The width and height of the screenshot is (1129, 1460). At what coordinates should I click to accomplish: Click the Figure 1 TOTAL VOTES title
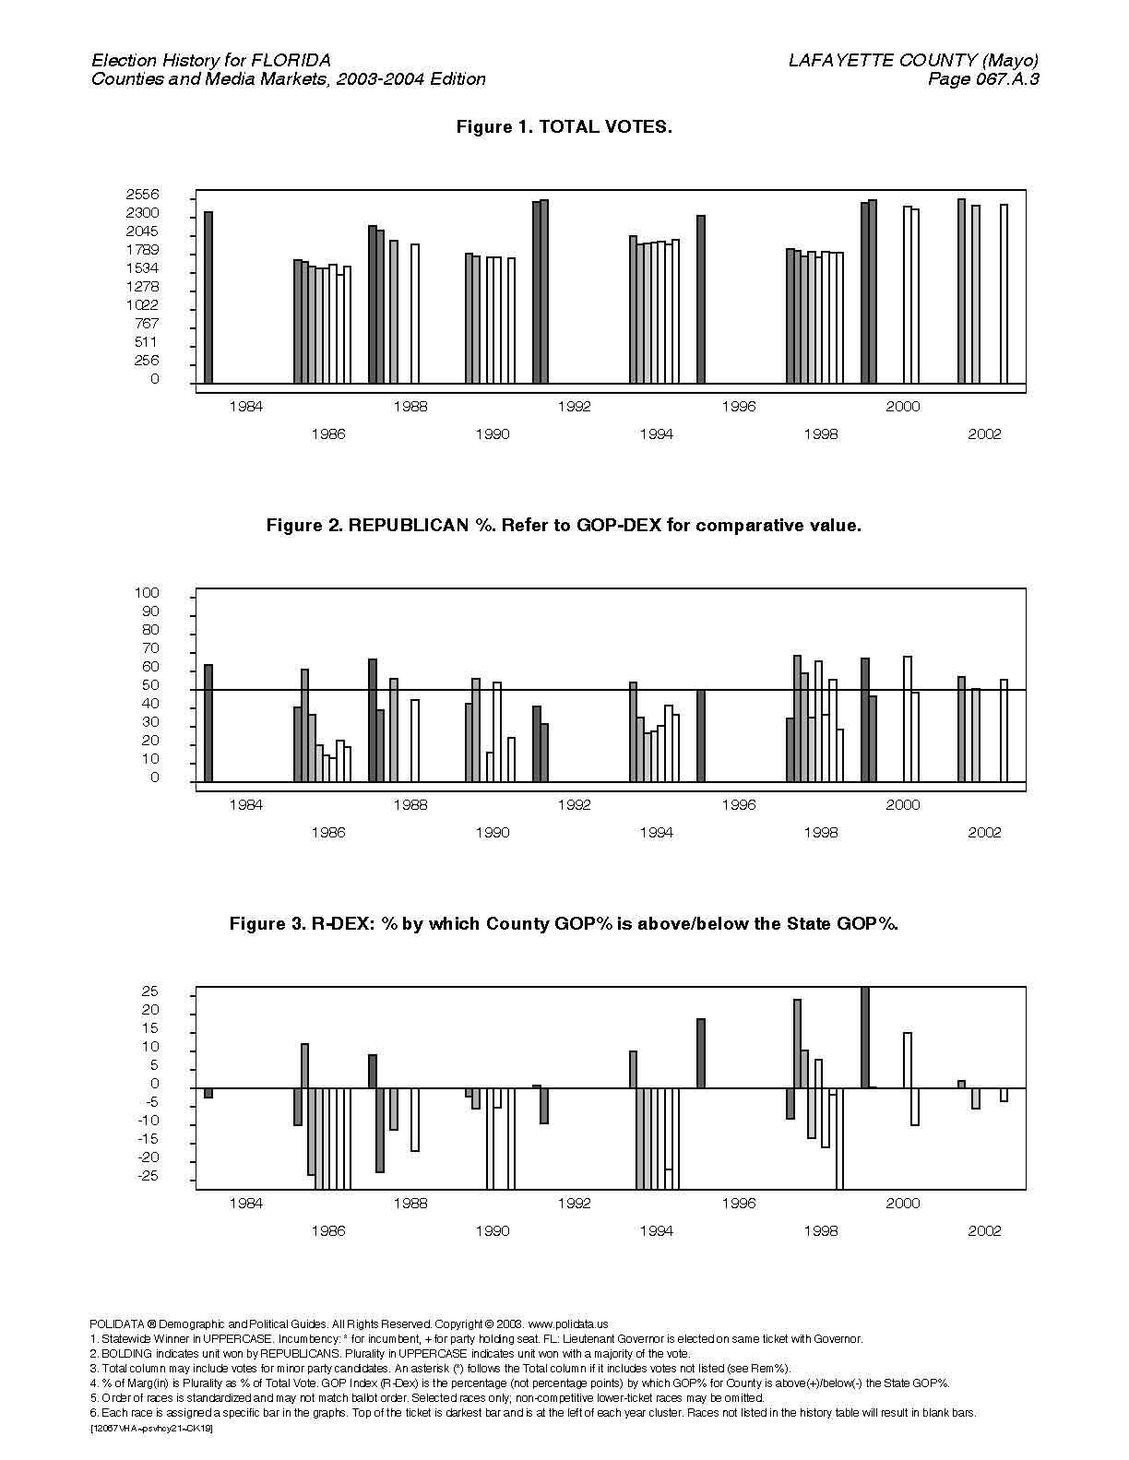(x=564, y=126)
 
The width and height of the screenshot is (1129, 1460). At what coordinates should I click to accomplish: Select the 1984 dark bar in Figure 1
(x=208, y=298)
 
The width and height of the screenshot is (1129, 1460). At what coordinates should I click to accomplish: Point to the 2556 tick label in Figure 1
(x=142, y=195)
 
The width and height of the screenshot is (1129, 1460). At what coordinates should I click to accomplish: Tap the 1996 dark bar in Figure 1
(x=700, y=300)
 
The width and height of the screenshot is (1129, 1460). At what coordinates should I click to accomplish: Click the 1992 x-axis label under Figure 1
(x=575, y=407)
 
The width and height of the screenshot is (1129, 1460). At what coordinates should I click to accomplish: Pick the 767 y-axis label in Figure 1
(x=147, y=323)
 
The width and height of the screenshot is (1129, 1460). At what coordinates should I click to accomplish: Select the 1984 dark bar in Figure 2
(x=208, y=723)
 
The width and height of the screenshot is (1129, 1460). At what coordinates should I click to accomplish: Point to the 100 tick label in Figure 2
(x=147, y=593)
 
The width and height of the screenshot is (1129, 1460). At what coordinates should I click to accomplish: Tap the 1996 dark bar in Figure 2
(x=700, y=736)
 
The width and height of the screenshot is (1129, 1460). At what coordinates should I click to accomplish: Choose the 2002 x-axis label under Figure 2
(x=984, y=833)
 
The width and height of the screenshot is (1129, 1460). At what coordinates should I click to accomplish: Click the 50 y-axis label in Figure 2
(x=150, y=685)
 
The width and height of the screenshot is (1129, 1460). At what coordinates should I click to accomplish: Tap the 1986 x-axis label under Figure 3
(x=327, y=1231)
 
